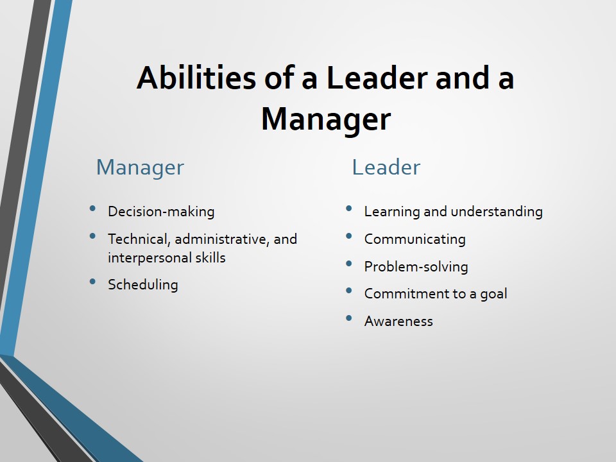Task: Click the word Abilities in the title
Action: click(x=196, y=78)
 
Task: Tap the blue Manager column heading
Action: click(x=141, y=167)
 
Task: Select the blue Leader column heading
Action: click(x=386, y=167)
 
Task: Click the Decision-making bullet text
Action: click(x=161, y=212)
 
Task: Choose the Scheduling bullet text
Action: click(x=143, y=285)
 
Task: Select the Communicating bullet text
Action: click(x=415, y=239)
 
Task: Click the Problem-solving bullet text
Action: click(x=416, y=267)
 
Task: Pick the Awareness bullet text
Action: click(x=398, y=321)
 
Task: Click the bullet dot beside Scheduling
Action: click(x=92, y=282)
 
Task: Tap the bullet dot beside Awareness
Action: click(x=349, y=318)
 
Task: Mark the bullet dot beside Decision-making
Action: click(x=92, y=209)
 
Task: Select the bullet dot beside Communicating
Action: click(x=349, y=236)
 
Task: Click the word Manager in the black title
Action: click(x=326, y=119)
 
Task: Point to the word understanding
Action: click(x=497, y=212)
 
